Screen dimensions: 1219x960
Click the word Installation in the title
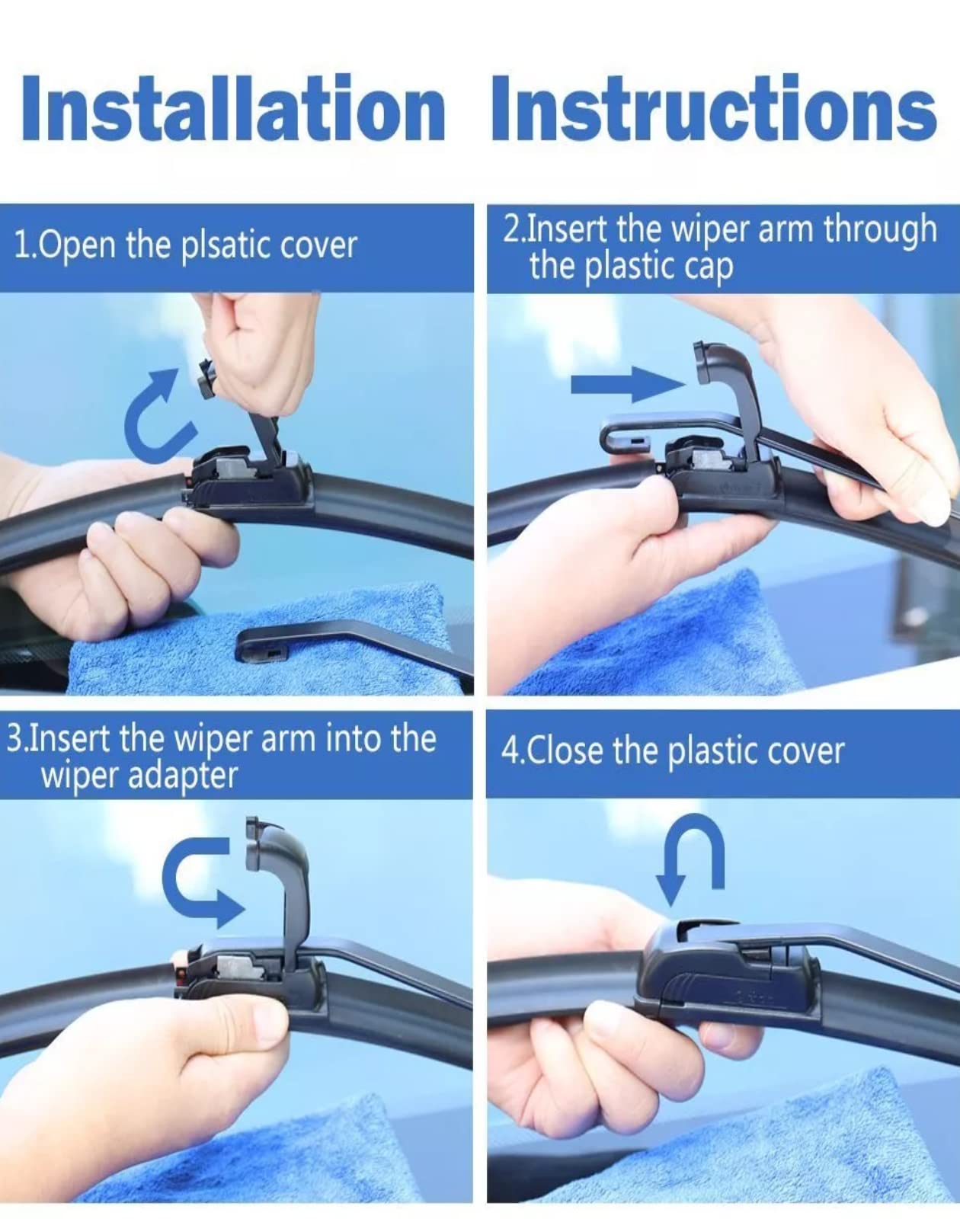click(x=233, y=108)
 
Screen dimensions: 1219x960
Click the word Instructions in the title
click(x=713, y=108)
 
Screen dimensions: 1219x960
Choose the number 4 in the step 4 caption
click(x=508, y=751)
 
